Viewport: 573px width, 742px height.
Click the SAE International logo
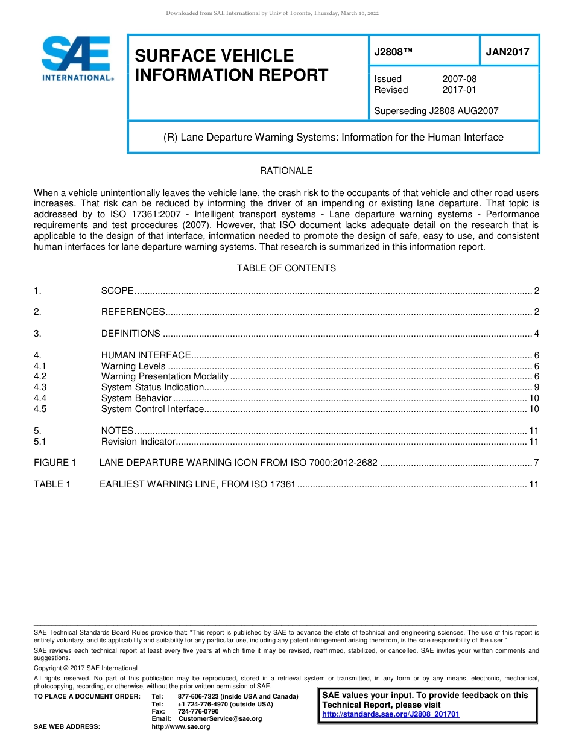point(77,59)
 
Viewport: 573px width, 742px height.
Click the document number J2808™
point(393,52)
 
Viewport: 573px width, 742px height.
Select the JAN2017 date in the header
point(507,52)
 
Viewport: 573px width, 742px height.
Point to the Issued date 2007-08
point(459,79)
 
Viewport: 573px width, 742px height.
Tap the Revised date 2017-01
point(459,90)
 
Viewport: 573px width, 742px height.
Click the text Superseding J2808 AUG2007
point(436,111)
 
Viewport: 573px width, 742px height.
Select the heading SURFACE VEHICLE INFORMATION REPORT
point(231,65)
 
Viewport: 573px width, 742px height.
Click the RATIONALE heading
point(286,171)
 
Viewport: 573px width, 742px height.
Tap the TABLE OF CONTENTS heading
point(286,268)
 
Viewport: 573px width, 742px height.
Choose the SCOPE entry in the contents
point(117,291)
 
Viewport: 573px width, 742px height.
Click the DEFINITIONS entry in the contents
point(130,334)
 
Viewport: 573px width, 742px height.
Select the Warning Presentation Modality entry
point(165,376)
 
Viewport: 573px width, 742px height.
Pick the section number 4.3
point(40,387)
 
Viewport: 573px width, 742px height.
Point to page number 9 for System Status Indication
point(536,387)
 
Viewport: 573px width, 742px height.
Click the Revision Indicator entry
point(138,442)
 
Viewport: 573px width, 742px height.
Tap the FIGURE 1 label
point(55,463)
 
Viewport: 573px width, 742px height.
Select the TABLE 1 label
point(52,484)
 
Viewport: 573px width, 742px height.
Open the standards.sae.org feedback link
point(391,714)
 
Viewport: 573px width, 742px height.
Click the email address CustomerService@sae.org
point(220,718)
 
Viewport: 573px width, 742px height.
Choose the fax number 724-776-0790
point(198,711)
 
